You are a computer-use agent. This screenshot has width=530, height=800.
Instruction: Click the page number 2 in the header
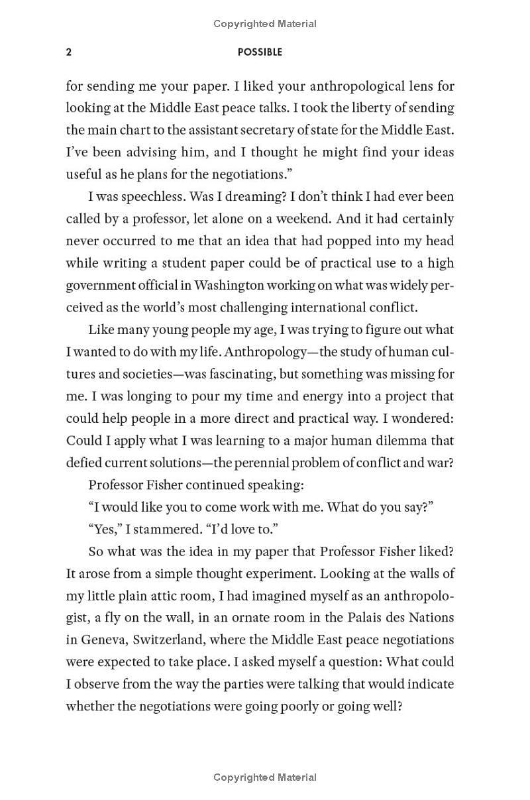click(69, 52)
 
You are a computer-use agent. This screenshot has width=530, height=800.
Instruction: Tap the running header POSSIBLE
click(260, 52)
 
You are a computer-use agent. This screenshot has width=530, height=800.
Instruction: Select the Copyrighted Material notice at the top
click(265, 24)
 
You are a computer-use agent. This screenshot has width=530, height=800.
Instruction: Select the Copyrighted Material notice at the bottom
click(265, 777)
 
